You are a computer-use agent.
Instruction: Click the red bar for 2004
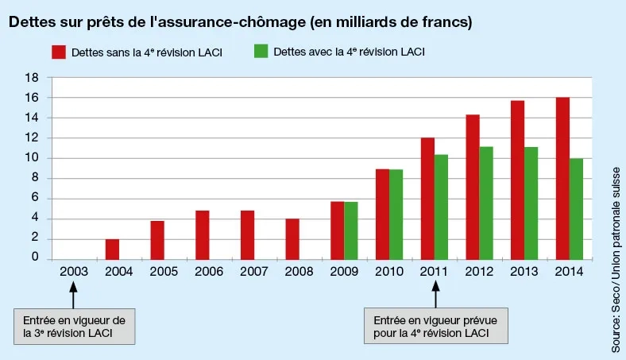pos(113,249)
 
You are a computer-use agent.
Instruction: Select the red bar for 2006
pos(203,234)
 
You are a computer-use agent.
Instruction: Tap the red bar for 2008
pos(292,238)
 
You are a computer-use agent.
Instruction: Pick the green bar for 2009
pos(350,230)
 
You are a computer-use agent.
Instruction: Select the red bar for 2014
pos(562,178)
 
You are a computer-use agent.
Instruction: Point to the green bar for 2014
pos(576,208)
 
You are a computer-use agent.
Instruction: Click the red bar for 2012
pos(473,187)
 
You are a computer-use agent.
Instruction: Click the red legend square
pos(58,52)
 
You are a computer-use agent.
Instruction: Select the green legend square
pos(260,52)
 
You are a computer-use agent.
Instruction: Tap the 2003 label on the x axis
pos(73,271)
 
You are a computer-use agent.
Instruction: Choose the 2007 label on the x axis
pos(253,271)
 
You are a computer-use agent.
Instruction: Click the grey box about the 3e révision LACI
pos(75,327)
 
